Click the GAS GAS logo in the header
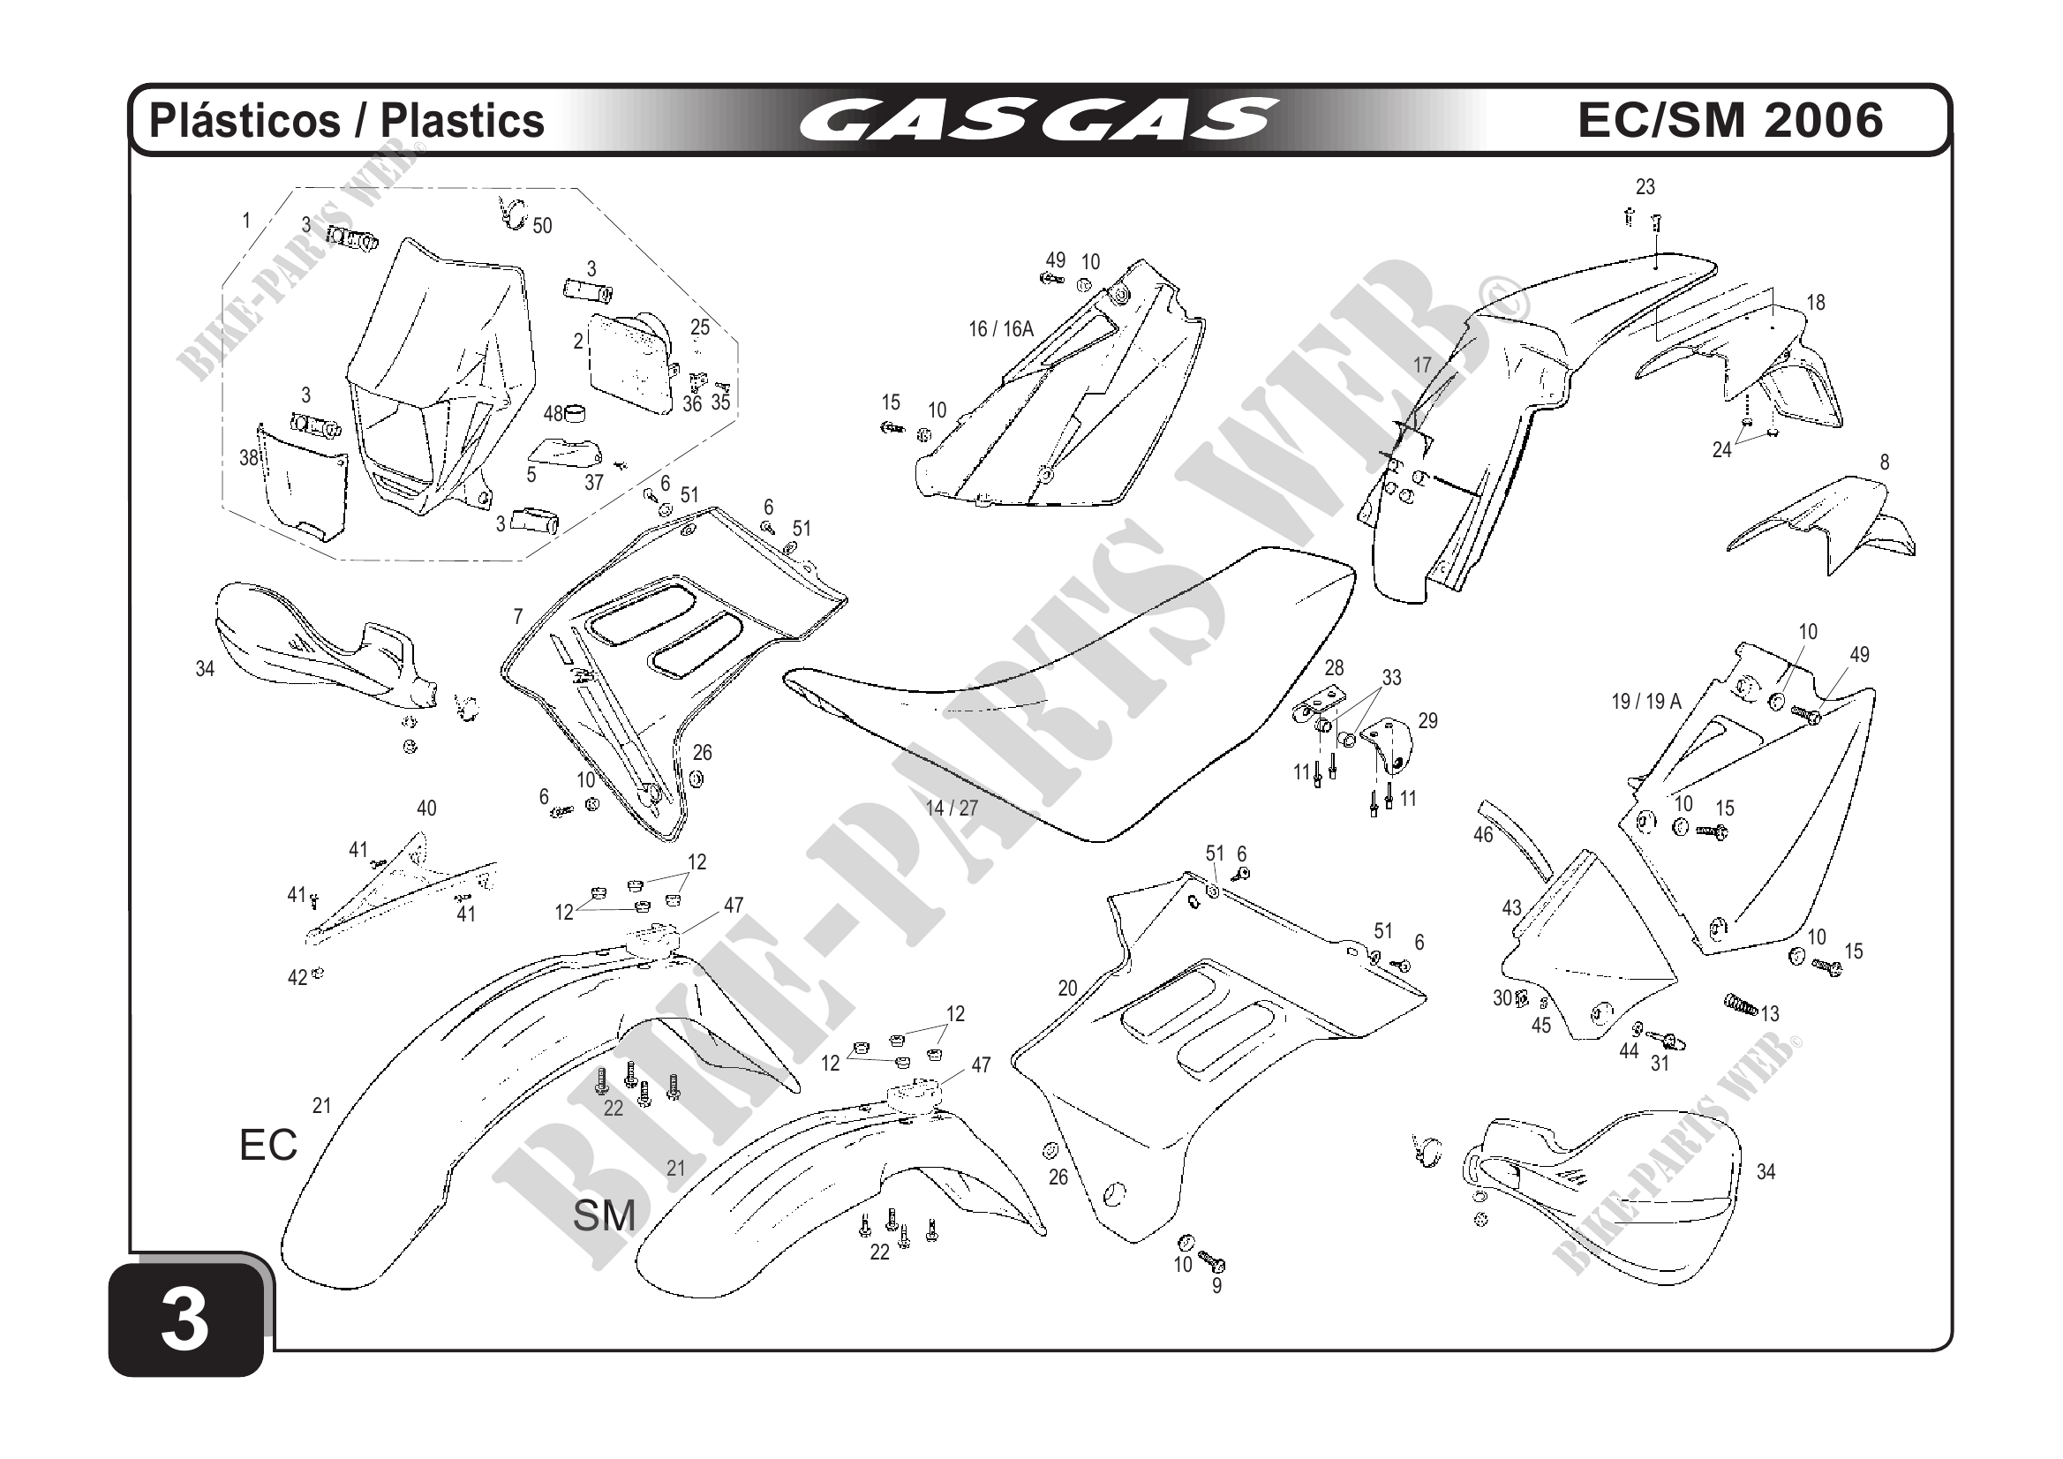tap(1037, 120)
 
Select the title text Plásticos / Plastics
tap(347, 120)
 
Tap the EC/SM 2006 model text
tap(1730, 120)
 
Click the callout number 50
tap(542, 225)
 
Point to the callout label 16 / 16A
tap(1001, 330)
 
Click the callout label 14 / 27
tap(952, 808)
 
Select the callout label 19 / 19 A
tap(1646, 702)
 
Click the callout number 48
tap(553, 413)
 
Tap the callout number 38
tap(249, 457)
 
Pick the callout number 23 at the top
tap(1645, 187)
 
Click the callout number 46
tap(1482, 835)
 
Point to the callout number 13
tap(1769, 1014)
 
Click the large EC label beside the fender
tap(267, 1146)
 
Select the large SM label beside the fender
tap(604, 1216)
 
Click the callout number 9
tap(1216, 1286)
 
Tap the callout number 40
tap(426, 808)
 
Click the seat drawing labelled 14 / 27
tap(1078, 683)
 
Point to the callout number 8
tap(1884, 462)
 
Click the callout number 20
tap(1067, 989)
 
